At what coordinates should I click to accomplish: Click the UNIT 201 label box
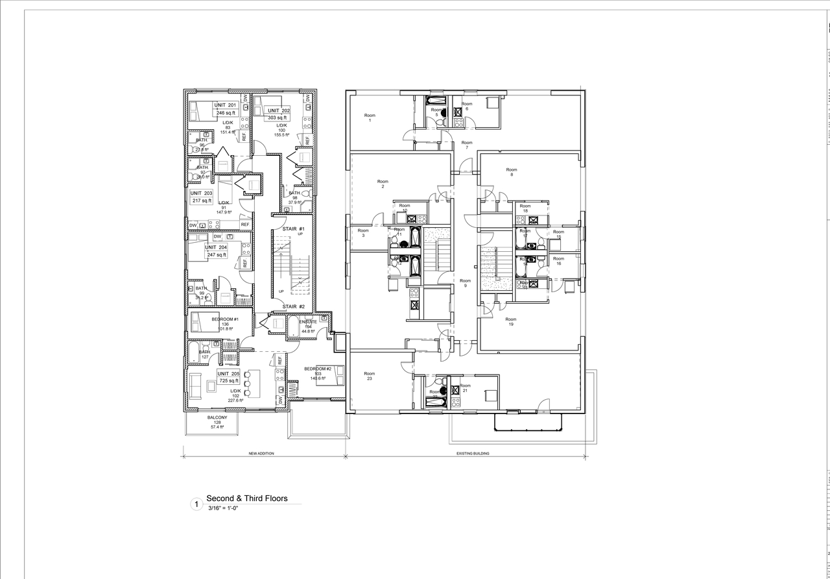(x=226, y=109)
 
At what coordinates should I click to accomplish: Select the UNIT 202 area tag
(x=278, y=114)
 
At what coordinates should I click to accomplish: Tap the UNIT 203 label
(x=202, y=197)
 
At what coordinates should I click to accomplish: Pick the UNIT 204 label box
(x=217, y=251)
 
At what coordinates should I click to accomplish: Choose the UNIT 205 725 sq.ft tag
(x=228, y=377)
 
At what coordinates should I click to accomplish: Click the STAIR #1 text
(x=293, y=229)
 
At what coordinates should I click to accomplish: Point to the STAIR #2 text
(x=293, y=306)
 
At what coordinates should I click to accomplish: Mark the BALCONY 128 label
(x=217, y=422)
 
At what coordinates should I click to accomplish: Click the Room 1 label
(x=370, y=118)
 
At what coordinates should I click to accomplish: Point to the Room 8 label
(x=512, y=172)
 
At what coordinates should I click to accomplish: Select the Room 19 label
(x=511, y=321)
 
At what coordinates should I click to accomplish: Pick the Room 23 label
(x=369, y=376)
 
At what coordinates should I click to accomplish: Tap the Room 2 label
(x=383, y=184)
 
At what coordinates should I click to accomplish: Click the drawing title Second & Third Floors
(x=246, y=499)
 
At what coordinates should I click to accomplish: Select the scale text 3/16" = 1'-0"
(x=224, y=508)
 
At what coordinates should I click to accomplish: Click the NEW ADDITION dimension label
(x=261, y=453)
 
